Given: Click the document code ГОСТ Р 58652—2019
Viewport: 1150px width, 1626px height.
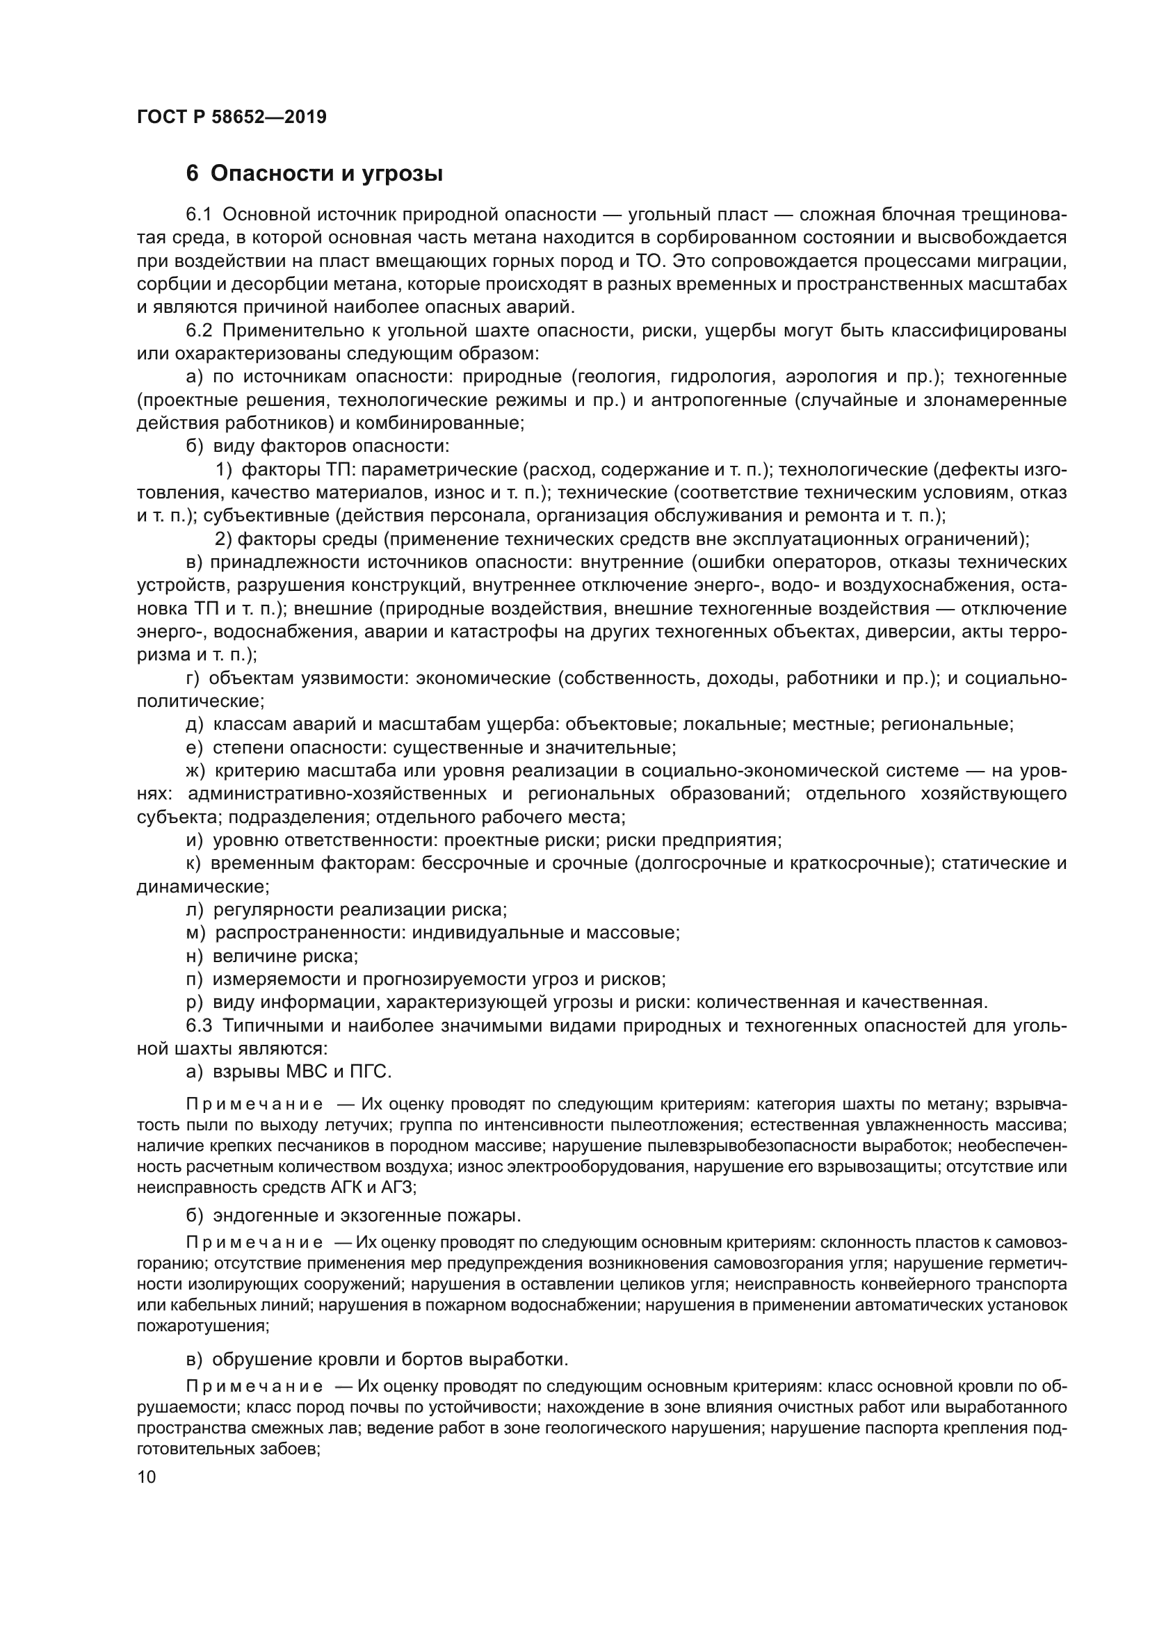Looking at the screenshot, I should tap(232, 117).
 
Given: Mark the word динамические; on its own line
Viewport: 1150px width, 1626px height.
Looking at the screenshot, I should tap(202, 886).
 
